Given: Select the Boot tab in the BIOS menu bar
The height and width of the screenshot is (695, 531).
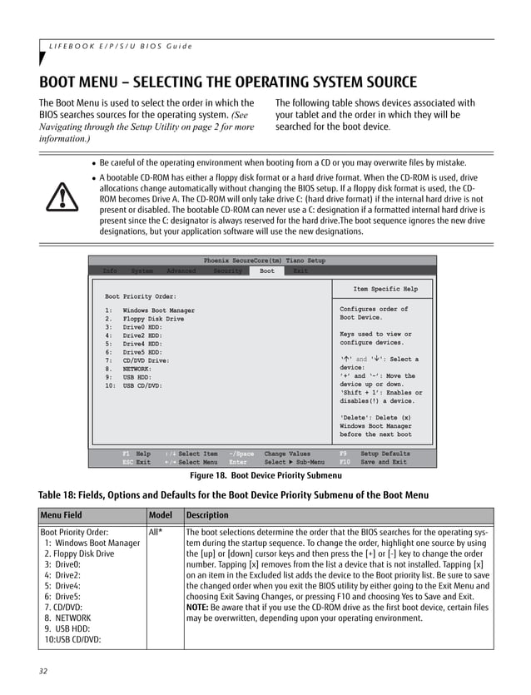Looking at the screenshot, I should tap(266, 271).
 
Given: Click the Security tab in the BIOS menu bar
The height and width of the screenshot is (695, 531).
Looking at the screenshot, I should tap(227, 271).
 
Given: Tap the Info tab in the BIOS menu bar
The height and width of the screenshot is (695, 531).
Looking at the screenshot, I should tap(110, 271).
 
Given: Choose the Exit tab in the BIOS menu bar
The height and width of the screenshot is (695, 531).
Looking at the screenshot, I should tap(300, 271).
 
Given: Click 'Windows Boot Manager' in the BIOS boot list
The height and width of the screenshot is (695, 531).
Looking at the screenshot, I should tap(158, 310).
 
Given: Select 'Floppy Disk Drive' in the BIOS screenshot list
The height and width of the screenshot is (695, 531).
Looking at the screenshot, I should tap(153, 319).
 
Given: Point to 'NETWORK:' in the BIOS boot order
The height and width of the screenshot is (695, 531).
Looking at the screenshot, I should tap(137, 368).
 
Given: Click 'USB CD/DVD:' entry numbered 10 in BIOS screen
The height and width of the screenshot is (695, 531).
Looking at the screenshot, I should tap(142, 385).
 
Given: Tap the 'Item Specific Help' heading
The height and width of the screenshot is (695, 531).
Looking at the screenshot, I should tap(385, 290).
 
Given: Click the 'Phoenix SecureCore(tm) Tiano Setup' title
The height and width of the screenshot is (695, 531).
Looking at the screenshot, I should tap(265, 261).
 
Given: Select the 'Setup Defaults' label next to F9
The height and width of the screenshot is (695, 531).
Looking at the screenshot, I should tap(385, 454).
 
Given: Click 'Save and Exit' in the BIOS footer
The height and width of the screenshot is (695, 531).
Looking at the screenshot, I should tap(384, 462).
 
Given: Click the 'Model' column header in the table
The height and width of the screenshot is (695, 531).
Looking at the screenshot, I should tap(162, 514).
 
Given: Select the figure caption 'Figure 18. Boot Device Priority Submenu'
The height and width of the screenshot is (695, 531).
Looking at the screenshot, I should tap(265, 475).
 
